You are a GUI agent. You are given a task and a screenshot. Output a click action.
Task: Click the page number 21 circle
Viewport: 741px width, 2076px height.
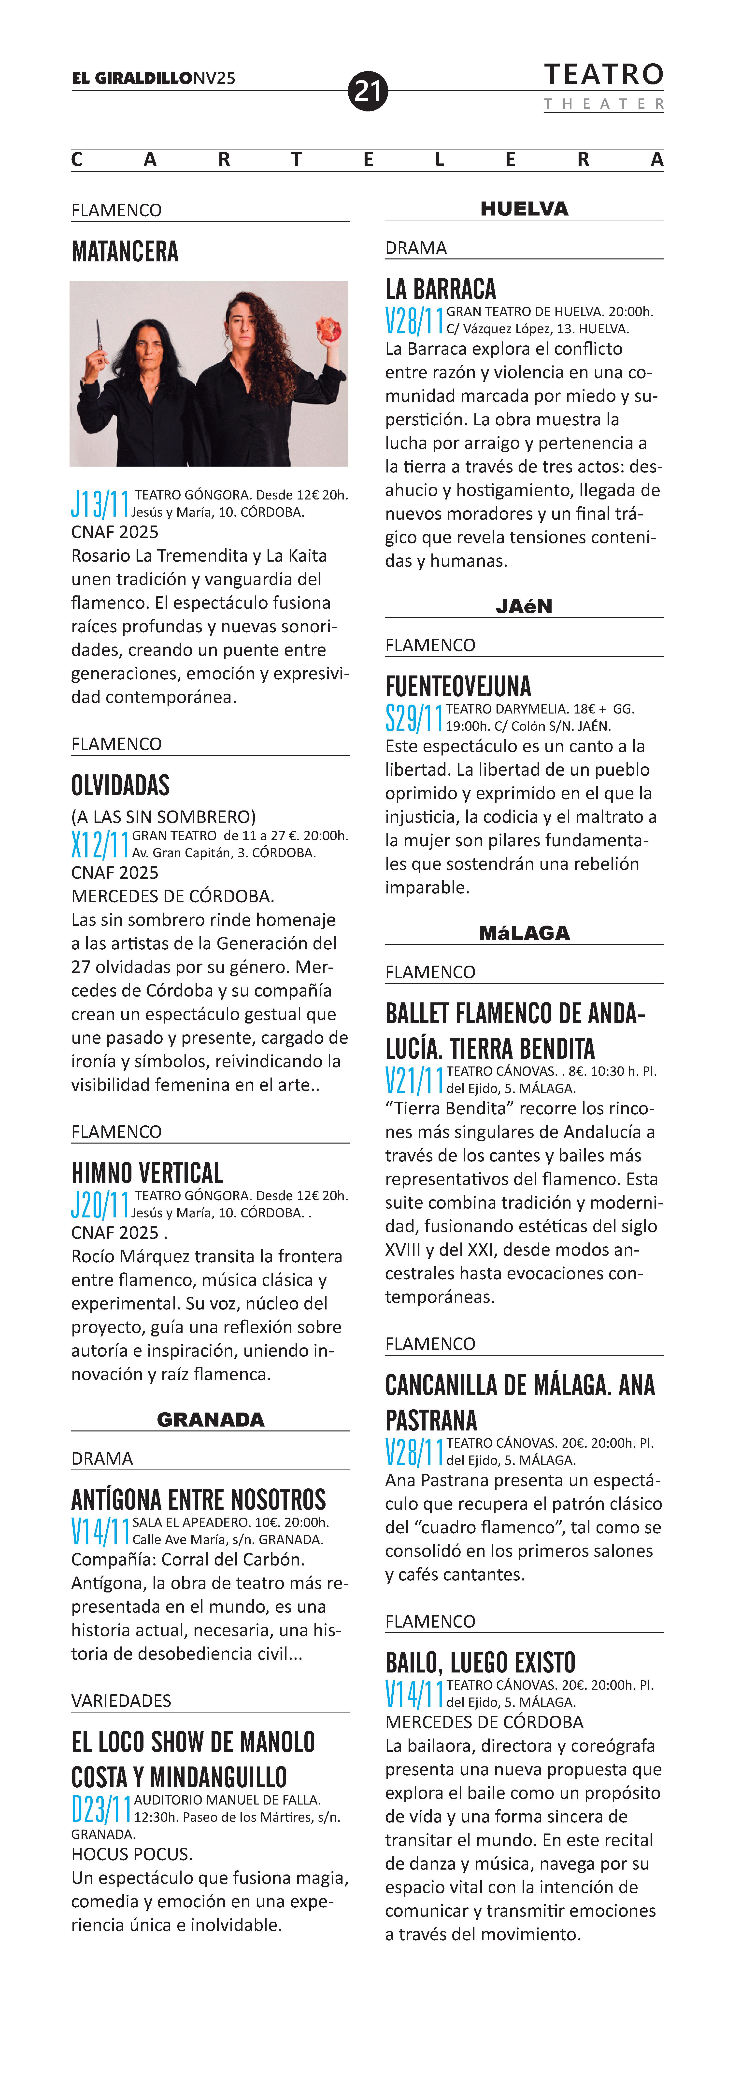coord(368,91)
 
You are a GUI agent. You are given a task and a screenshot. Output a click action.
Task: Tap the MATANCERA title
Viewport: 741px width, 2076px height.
coord(125,252)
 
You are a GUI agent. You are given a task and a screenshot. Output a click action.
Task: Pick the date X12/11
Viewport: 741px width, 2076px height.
coord(100,845)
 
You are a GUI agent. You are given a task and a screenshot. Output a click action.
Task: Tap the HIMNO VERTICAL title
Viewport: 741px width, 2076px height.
coord(147,1173)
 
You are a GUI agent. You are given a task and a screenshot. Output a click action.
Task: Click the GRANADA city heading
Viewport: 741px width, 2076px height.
coord(211,1419)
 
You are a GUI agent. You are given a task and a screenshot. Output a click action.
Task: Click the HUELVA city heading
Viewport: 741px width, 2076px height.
coord(524,209)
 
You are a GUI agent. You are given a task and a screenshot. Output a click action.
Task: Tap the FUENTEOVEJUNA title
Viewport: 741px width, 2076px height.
coord(458,687)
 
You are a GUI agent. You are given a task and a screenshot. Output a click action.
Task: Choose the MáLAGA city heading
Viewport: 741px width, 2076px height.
coord(524,932)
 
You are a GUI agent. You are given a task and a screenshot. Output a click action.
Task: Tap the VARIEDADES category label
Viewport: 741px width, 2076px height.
coord(121,1700)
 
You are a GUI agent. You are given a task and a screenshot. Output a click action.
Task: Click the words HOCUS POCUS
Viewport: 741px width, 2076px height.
coord(131,1854)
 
